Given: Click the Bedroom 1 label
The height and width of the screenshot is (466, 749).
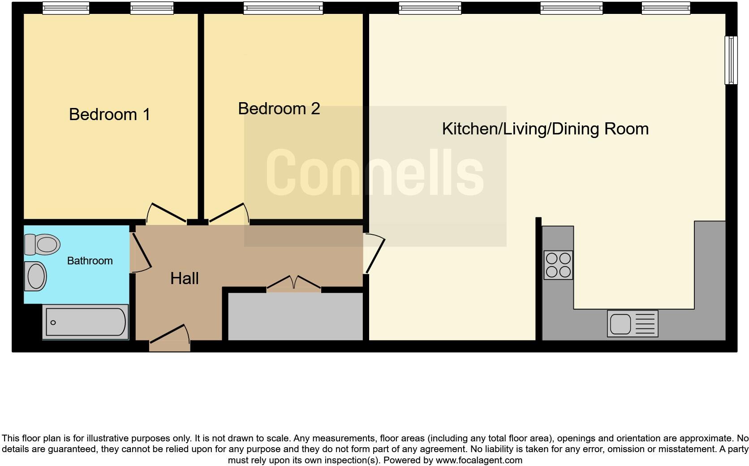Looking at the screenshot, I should (109, 115).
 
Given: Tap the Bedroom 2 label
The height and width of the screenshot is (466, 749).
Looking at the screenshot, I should (279, 109).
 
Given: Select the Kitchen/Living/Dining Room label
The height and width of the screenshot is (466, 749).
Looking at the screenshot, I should (545, 129).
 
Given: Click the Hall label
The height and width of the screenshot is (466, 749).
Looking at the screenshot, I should (184, 279).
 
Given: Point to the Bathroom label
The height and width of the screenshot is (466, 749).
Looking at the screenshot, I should (90, 261).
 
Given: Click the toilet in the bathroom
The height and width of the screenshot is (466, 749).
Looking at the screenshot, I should (43, 244).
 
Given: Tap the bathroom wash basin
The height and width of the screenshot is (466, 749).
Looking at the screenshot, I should (36, 276).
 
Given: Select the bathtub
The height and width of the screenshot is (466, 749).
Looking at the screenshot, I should (86, 322).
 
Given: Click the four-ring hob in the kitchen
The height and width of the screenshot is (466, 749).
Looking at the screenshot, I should (558, 265).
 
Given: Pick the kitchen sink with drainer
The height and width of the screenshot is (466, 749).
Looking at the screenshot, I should (633, 324).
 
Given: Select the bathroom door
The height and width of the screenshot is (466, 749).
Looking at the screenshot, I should (141, 252).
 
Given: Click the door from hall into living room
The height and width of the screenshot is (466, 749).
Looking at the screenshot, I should (374, 254).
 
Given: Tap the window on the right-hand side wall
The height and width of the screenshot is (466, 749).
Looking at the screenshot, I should (731, 60).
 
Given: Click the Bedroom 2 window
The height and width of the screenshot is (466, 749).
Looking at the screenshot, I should (283, 8).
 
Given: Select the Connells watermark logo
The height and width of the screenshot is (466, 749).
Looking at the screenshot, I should (375, 173).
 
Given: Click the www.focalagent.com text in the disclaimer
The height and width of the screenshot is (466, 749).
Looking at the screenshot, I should (478, 460).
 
